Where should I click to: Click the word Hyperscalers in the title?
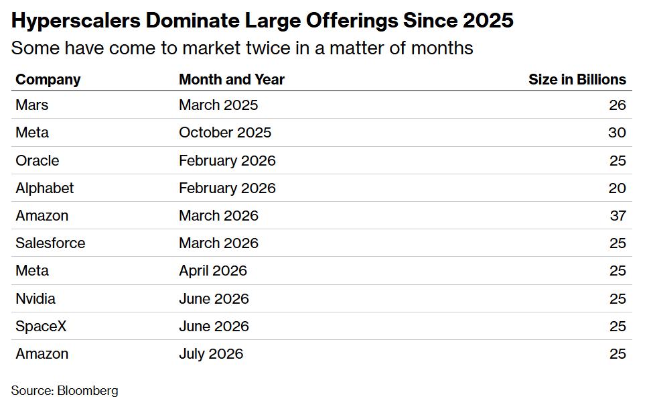coord(76,21)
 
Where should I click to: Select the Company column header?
coord(48,79)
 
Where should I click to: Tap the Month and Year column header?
coord(232,79)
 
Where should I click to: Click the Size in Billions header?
coord(577,79)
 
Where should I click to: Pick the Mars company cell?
coord(31,105)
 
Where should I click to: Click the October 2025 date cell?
coord(225,133)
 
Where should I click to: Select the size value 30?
coord(617,133)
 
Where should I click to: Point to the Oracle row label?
coord(37,160)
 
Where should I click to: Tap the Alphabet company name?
coord(45,188)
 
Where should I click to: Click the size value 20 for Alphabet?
coord(617,188)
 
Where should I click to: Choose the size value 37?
coord(618,216)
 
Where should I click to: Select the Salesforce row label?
coord(50,243)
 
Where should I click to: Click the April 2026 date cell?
coord(213,271)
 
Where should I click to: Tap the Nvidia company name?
coord(35,298)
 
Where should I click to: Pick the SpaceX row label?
coord(41,327)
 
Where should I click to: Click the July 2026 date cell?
coord(211,354)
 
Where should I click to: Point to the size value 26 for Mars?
coord(618,105)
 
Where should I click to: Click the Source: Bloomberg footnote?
coord(64,390)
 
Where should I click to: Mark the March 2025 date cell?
coord(218,105)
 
